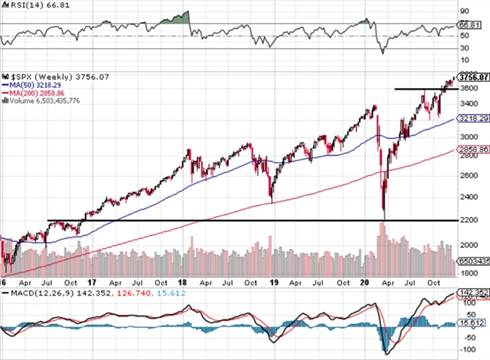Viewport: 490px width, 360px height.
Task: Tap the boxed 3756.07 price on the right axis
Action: pyautogui.click(x=472, y=77)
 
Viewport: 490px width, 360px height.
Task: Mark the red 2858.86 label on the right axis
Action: pyautogui.click(x=472, y=151)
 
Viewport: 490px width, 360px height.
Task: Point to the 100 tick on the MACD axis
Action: pyautogui.click(x=466, y=303)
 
